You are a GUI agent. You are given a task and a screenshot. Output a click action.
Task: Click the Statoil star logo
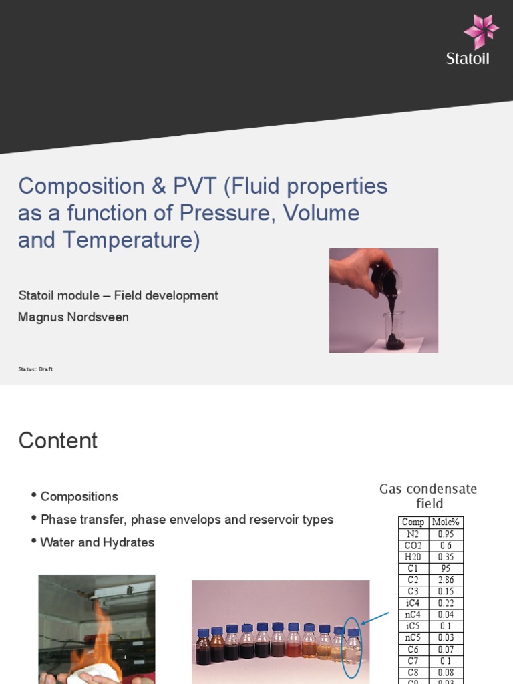(481, 32)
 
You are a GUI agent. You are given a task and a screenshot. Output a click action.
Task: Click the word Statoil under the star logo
(468, 59)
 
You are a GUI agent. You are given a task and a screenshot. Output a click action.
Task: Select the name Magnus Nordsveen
(73, 317)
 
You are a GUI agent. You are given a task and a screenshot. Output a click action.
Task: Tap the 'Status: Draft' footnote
(35, 369)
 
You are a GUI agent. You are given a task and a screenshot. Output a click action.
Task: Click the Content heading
(58, 441)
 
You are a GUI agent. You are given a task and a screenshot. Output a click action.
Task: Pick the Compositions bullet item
(79, 496)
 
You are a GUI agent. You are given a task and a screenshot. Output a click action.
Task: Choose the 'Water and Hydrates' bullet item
(97, 542)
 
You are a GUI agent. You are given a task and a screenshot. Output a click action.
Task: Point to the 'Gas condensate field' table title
(429, 496)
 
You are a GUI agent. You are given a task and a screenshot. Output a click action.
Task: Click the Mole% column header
(446, 522)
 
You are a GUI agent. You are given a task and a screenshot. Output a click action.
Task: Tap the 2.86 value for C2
(446, 580)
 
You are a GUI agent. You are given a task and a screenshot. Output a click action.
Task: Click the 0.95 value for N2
(446, 534)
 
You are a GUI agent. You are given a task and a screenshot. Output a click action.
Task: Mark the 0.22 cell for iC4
(446, 603)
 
